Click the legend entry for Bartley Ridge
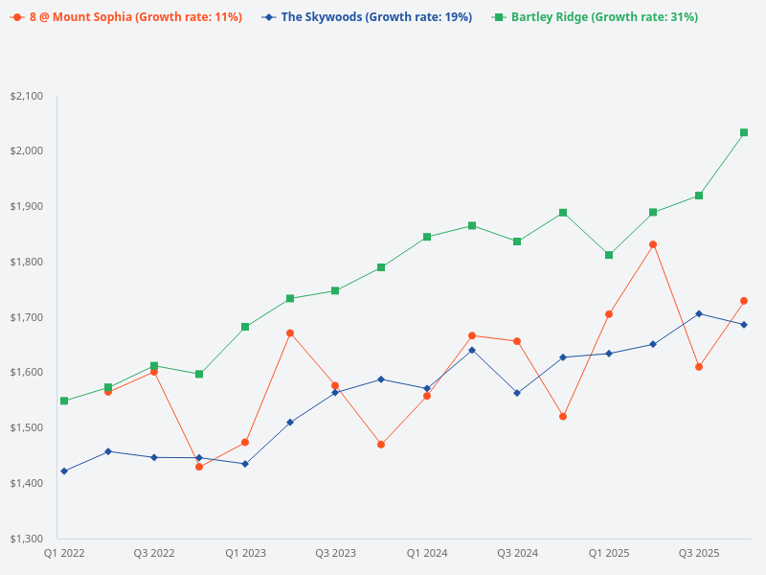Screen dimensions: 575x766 tap(604, 17)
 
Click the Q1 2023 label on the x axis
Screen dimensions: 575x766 tap(245, 554)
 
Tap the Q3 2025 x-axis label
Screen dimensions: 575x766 tap(699, 554)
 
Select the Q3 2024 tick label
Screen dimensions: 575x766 tap(517, 554)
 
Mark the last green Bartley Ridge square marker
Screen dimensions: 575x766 tap(744, 132)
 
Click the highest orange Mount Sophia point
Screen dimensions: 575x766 tap(653, 244)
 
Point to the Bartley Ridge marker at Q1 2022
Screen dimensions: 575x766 tap(64, 401)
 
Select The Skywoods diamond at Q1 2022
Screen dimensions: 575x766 tap(64, 471)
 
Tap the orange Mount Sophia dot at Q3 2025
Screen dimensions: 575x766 tap(699, 367)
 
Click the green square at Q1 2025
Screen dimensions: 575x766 tap(608, 255)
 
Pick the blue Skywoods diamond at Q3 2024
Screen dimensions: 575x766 tap(517, 393)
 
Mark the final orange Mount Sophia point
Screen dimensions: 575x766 tap(744, 301)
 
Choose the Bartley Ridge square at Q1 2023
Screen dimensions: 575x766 tap(245, 327)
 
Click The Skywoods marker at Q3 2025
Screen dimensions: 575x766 tap(699, 313)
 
